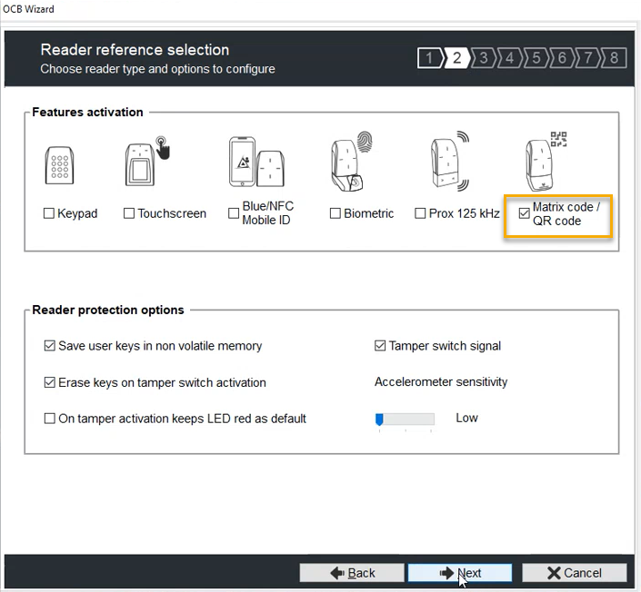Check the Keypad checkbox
(x=49, y=214)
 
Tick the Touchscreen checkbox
(x=129, y=214)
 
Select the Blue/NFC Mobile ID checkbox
(x=234, y=213)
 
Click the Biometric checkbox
(x=336, y=214)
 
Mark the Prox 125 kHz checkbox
(x=420, y=214)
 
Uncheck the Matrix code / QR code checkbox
(x=524, y=214)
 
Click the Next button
(x=459, y=573)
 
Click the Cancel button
(x=574, y=573)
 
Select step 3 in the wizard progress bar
(x=484, y=59)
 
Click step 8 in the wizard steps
(x=615, y=59)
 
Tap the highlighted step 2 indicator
(x=456, y=59)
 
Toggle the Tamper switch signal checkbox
(x=381, y=346)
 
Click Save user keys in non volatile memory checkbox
(x=50, y=346)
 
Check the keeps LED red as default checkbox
(x=50, y=419)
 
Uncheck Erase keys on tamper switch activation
(x=50, y=382)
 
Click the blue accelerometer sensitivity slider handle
(x=379, y=419)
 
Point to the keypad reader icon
(x=58, y=164)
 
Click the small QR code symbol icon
(x=558, y=139)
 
